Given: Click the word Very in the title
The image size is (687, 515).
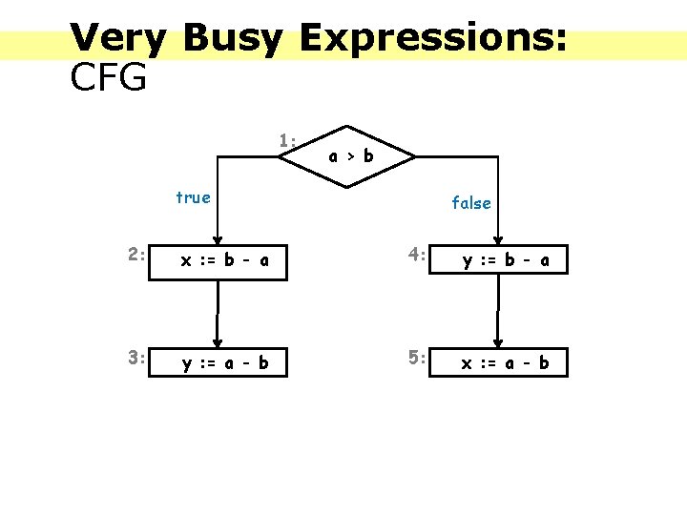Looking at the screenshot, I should pyautogui.click(x=118, y=38).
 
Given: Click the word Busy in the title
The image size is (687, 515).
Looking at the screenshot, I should pyautogui.click(x=232, y=38).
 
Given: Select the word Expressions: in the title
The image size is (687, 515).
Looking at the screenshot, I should pyautogui.click(x=433, y=38).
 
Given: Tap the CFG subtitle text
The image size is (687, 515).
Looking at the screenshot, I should pyautogui.click(x=108, y=77).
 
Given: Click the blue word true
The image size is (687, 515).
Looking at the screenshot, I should pyautogui.click(x=193, y=197).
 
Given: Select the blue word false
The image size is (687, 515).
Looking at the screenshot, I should pyautogui.click(x=471, y=202).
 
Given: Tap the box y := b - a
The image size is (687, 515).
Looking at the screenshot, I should pyautogui.click(x=498, y=259).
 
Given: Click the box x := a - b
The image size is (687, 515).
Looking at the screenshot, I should pyautogui.click(x=498, y=362).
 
